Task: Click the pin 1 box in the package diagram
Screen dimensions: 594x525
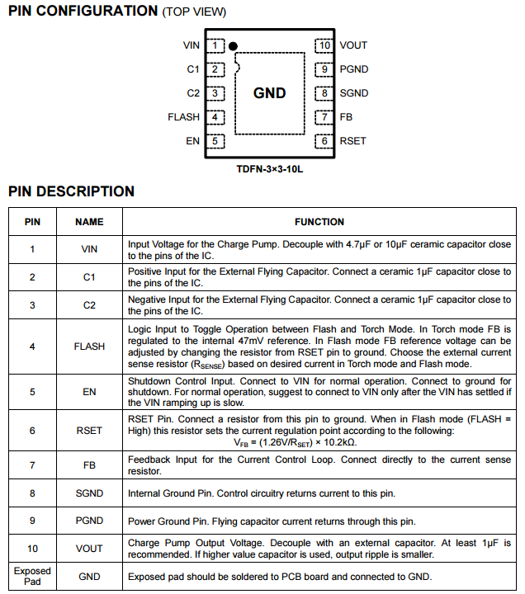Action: point(215,45)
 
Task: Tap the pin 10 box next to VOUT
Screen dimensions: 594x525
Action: point(324,45)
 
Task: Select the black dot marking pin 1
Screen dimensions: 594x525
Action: point(234,46)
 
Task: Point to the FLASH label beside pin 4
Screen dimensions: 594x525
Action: point(183,117)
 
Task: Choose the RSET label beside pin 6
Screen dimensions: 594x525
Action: point(352,141)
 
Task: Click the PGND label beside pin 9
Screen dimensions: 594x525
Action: point(353,69)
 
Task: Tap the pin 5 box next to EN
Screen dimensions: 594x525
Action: point(215,141)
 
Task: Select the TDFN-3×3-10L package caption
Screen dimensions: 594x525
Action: point(270,169)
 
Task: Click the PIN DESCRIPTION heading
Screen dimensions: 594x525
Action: point(71,191)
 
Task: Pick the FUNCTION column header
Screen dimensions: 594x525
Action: point(319,222)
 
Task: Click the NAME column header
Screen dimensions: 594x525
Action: point(89,222)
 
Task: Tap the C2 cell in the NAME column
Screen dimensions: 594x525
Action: point(89,305)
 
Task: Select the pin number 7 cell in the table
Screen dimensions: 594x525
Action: point(32,465)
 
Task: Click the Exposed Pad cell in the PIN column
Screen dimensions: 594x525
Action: point(32,576)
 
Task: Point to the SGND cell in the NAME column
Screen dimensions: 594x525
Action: point(89,493)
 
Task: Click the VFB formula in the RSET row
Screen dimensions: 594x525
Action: point(319,441)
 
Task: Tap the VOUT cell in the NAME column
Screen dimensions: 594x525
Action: point(89,549)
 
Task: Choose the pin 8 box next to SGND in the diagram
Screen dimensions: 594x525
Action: point(324,93)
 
